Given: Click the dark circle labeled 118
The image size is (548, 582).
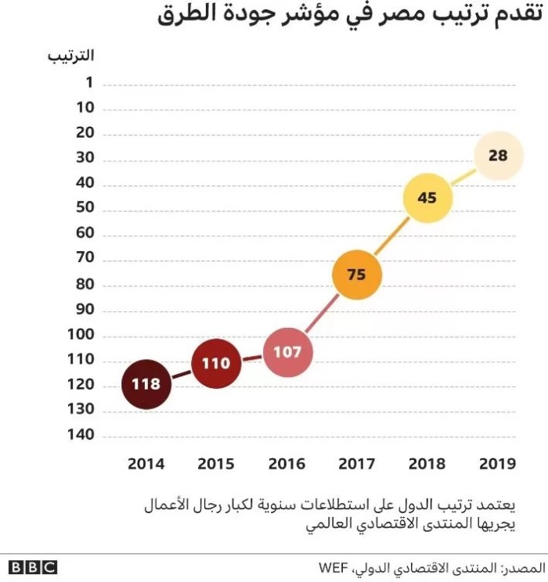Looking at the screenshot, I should tap(146, 384).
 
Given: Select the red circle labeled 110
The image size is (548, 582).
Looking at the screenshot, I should tap(216, 363).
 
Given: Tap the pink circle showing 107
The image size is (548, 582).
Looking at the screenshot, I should tap(287, 352).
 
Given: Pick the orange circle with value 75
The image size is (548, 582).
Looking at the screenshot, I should tap(356, 275).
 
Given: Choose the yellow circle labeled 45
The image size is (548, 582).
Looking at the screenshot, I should tap(427, 198).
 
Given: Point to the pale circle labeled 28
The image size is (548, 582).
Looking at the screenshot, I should tap(498, 156).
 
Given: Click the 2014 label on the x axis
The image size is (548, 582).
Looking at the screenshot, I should tap(146, 463).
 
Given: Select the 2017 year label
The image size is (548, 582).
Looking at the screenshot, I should tap(356, 463).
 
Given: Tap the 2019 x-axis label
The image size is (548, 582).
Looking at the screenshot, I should tap(498, 463).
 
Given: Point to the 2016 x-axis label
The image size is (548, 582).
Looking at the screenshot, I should tap(287, 463).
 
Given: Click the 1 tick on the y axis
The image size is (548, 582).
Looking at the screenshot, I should tap(88, 83).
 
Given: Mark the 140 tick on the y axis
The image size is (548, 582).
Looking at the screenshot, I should tap(80, 435).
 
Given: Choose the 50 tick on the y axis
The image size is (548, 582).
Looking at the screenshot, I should tap(84, 208).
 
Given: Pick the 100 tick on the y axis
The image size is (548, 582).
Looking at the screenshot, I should tap(80, 334).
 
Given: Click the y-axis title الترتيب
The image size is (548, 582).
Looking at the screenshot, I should tap(70, 56).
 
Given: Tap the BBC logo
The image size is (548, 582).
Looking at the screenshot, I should tap(33, 567).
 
